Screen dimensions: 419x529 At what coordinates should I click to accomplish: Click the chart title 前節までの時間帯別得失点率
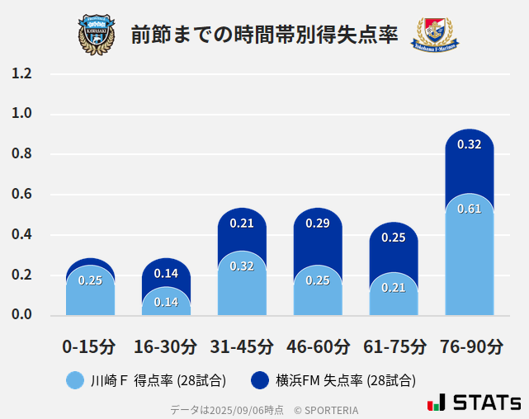264,35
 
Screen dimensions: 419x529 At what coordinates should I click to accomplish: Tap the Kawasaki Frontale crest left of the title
97,35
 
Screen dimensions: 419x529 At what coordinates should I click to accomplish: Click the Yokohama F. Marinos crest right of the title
434,35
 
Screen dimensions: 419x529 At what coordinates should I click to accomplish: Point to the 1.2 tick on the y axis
21,73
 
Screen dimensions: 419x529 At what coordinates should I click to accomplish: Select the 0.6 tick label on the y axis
21,195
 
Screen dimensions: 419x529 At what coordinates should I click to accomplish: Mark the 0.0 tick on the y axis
21,315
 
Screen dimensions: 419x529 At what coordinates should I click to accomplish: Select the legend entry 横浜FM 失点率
334,380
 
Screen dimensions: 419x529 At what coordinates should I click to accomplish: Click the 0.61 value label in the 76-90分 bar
469,209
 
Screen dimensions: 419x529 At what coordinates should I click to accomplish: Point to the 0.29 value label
318,224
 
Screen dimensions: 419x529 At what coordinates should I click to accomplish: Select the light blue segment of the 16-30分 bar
166,304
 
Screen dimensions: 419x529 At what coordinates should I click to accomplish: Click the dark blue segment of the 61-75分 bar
394,247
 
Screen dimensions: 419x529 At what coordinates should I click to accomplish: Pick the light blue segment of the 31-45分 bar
242,289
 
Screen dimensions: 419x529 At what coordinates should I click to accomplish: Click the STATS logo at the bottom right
475,403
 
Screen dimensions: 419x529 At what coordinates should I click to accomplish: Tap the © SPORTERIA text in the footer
326,410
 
